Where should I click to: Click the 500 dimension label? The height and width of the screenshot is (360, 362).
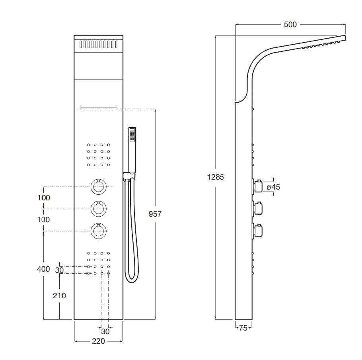click(290, 25)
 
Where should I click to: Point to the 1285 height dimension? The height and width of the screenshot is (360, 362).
click(215, 177)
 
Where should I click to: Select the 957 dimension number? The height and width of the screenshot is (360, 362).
click(155, 214)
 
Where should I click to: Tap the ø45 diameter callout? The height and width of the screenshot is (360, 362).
click(273, 187)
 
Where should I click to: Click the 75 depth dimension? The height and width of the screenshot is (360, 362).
click(243, 328)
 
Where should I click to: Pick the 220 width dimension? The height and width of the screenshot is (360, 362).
click(98, 341)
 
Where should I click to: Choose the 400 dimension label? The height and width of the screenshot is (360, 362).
click(43, 269)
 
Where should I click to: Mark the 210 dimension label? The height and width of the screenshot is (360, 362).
click(59, 295)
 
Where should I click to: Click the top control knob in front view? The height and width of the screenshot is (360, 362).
click(99, 187)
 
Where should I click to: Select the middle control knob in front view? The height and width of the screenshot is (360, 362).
click(99, 209)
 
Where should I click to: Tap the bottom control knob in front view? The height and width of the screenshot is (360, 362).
click(99, 231)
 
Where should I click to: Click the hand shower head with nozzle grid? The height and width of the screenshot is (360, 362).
click(132, 135)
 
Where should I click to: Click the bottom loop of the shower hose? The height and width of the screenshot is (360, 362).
click(132, 280)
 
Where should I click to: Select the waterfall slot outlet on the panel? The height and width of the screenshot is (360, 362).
click(98, 109)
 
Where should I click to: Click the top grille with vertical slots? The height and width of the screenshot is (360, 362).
click(99, 44)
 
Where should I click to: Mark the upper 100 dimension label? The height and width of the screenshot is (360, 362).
click(43, 198)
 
